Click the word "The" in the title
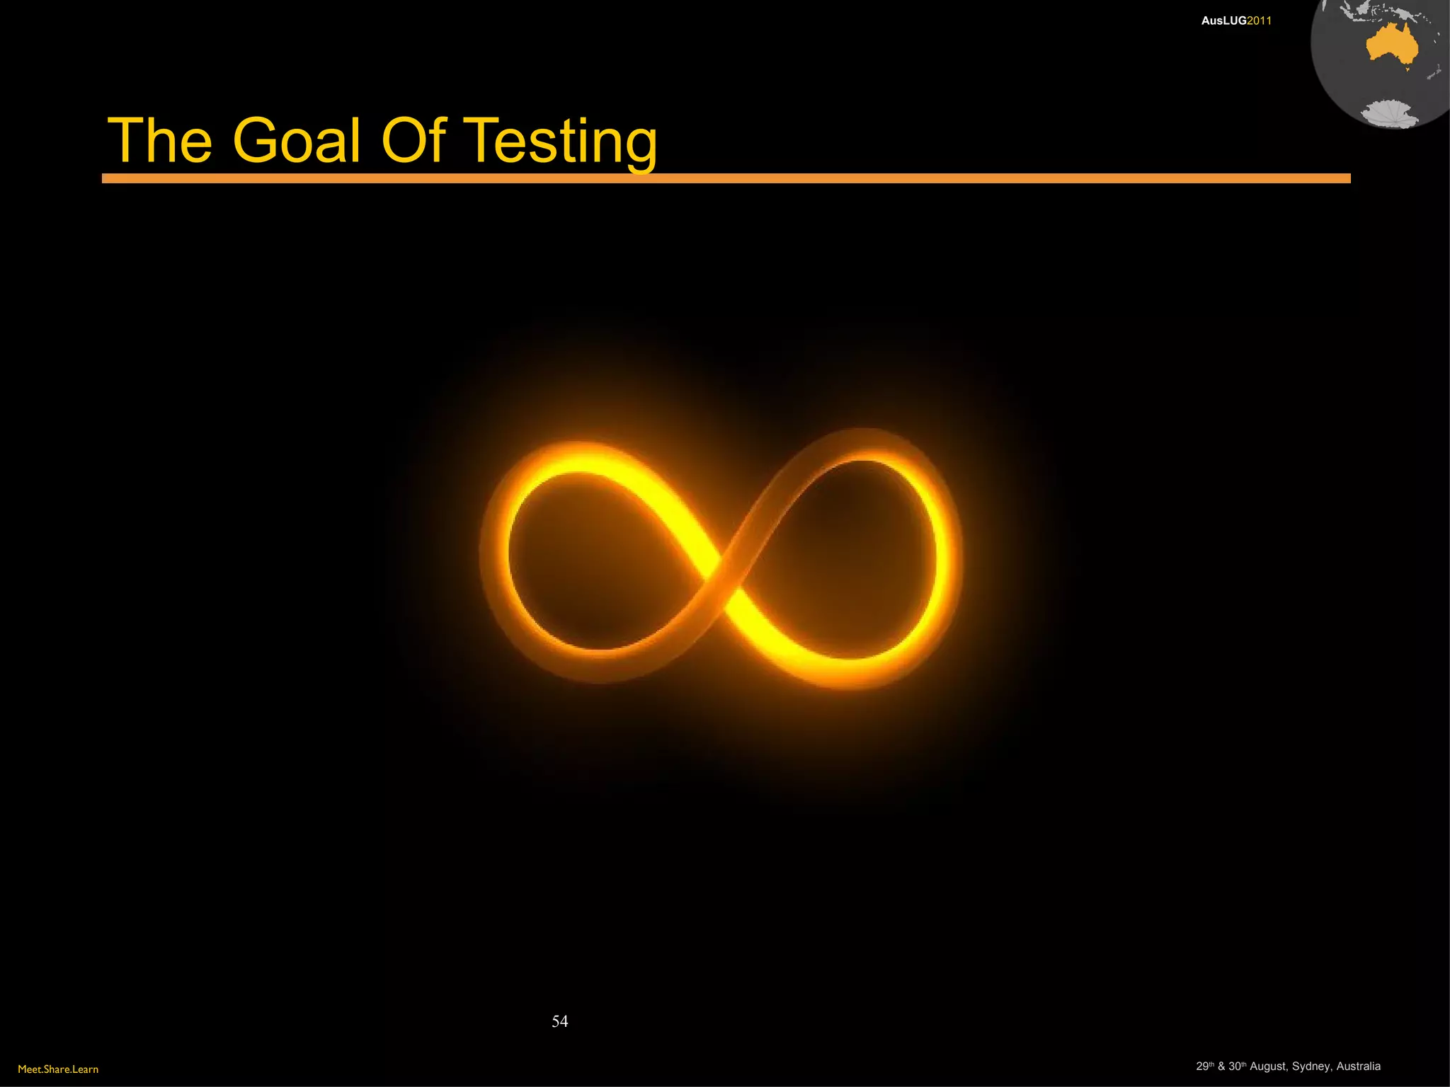(160, 141)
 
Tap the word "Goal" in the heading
(297, 141)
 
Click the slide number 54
(559, 1021)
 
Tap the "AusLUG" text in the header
(1223, 21)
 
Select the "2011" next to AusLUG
(1260, 21)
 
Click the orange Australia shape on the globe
(1391, 46)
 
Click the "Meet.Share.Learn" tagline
(58, 1069)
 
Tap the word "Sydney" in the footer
(1311, 1066)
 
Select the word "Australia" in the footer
(1358, 1066)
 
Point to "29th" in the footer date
(1204, 1066)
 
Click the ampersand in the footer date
(1221, 1066)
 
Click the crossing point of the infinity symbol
(722, 573)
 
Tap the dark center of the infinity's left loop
(595, 559)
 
